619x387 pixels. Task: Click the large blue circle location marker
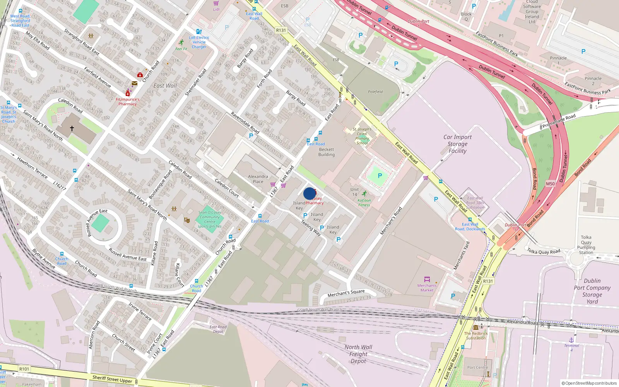pyautogui.click(x=309, y=193)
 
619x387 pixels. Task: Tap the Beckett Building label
pyautogui.click(x=327, y=152)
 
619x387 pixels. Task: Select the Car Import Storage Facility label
pyautogui.click(x=457, y=144)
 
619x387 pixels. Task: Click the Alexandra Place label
pyautogui.click(x=258, y=179)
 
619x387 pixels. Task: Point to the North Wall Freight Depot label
pyautogui.click(x=358, y=354)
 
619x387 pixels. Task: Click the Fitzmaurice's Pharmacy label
pyautogui.click(x=127, y=101)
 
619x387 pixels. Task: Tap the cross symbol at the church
pyautogui.click(x=72, y=128)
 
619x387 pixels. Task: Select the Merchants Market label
pyautogui.click(x=427, y=288)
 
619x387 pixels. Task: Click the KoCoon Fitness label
pyautogui.click(x=364, y=203)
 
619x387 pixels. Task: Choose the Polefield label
pyautogui.click(x=375, y=92)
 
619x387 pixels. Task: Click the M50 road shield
pyautogui.click(x=550, y=184)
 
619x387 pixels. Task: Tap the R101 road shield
pyautogui.click(x=24, y=369)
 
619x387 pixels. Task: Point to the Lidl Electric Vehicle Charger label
pyautogui.click(x=199, y=42)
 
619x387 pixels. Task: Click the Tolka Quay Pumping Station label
pyautogui.click(x=586, y=245)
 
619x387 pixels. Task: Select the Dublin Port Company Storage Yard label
pyautogui.click(x=592, y=291)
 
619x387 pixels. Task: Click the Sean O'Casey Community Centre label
pyautogui.click(x=210, y=219)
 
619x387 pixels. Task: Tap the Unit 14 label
pyautogui.click(x=354, y=192)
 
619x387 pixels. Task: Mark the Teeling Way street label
pyautogui.click(x=311, y=228)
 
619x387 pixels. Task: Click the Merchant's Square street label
pyautogui.click(x=346, y=293)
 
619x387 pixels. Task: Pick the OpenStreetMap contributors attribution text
pyautogui.click(x=589, y=383)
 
